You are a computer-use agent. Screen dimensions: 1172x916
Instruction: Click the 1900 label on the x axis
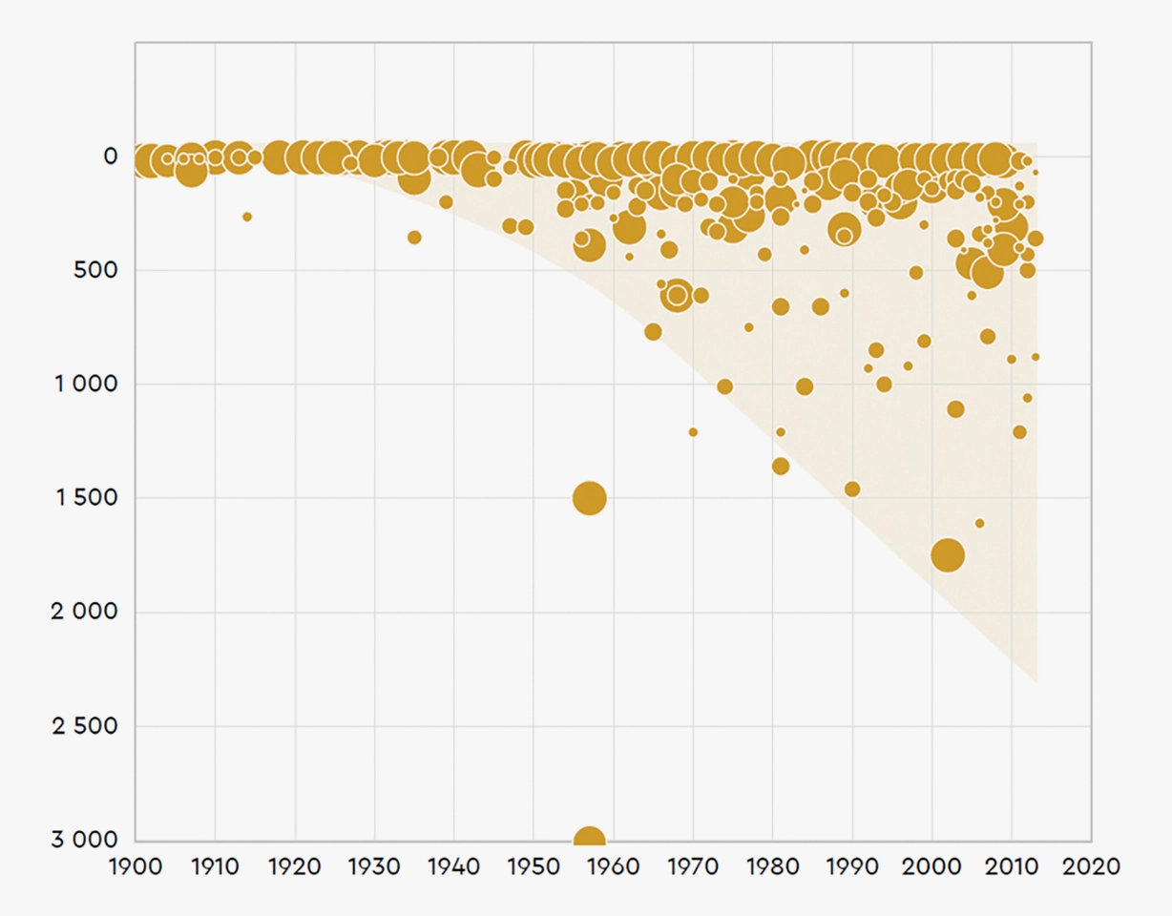136,867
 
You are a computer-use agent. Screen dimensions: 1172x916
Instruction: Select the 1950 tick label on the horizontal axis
534,867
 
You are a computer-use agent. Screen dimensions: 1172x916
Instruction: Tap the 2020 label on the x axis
1092,867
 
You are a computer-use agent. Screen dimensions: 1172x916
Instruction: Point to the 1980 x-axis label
773,867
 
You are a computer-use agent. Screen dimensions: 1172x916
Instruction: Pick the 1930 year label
374,867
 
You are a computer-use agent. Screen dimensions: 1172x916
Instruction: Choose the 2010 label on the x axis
1012,867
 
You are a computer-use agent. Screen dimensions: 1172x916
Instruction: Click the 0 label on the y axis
111,156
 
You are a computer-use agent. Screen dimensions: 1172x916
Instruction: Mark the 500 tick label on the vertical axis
95,270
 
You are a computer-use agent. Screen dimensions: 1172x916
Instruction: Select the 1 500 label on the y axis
87,498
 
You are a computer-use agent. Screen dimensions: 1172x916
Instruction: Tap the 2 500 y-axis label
85,726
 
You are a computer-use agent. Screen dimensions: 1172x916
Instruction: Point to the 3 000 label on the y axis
85,840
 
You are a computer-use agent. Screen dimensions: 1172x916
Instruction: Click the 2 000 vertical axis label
85,612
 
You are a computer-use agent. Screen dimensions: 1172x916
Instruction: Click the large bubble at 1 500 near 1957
590,498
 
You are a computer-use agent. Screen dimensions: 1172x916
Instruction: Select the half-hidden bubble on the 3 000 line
590,834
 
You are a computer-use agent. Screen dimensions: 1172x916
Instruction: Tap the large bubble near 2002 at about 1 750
948,554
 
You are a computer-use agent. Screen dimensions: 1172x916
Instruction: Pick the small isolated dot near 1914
247,217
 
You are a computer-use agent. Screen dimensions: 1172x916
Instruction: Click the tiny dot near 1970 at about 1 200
693,432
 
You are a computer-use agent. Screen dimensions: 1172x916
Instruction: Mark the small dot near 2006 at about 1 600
979,523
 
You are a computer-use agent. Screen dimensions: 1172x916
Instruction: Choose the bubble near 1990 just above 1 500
852,489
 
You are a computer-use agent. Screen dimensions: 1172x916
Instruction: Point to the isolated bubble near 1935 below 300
414,238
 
